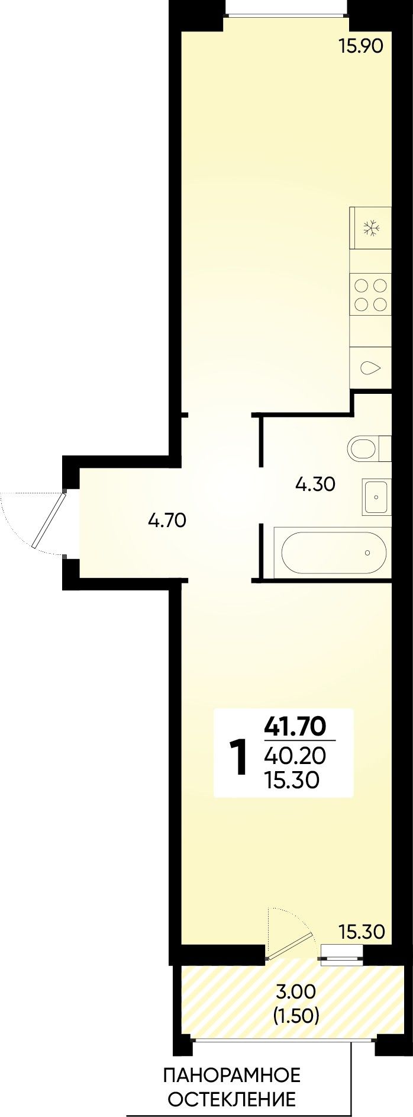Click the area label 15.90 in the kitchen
point(361,46)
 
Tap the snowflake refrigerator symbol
point(371,228)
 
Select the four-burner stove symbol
point(370,296)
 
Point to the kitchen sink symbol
point(371,368)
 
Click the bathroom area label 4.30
point(315,485)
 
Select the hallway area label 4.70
point(167,521)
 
